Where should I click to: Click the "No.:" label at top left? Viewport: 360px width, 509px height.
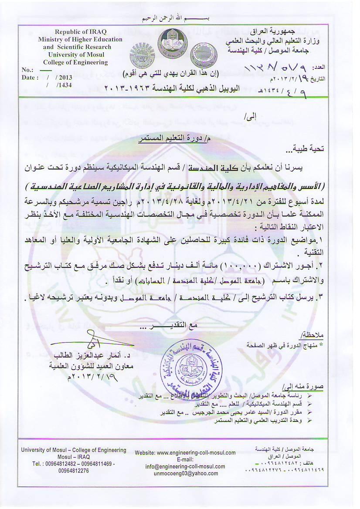pyautogui.click(x=27, y=70)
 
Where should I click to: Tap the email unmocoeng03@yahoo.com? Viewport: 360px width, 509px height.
pyautogui.click(x=183, y=473)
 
